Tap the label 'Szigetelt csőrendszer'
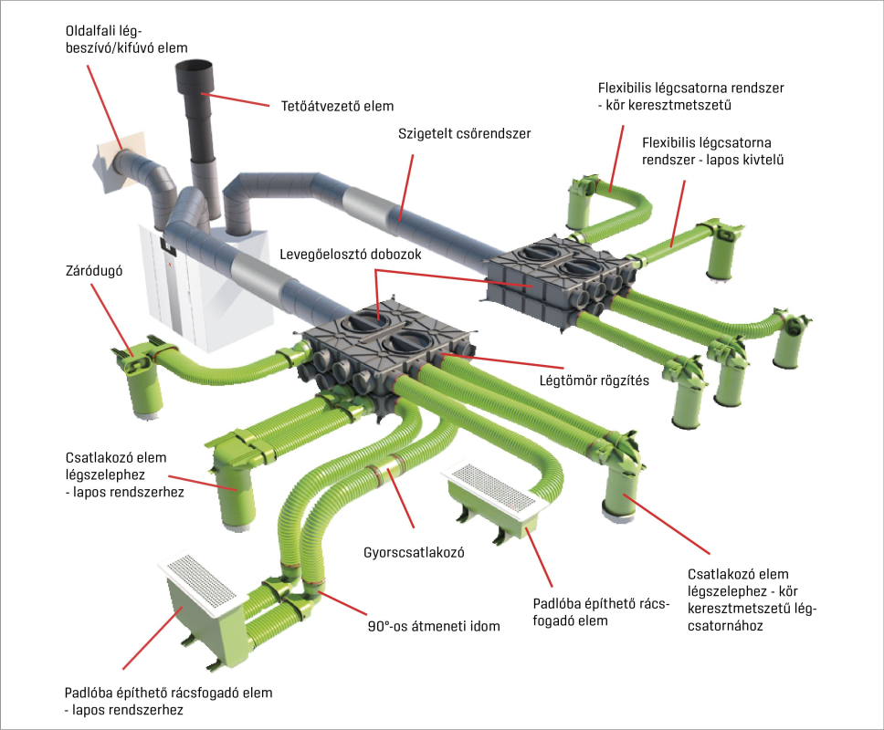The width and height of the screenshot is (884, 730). coord(464,133)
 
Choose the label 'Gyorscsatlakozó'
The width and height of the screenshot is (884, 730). coord(403,552)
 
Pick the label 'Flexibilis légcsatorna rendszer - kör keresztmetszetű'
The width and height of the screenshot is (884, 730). coord(691,96)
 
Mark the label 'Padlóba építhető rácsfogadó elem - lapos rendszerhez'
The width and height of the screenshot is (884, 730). coord(168,701)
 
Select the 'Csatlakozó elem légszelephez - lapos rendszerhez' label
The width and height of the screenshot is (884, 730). coord(122,474)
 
